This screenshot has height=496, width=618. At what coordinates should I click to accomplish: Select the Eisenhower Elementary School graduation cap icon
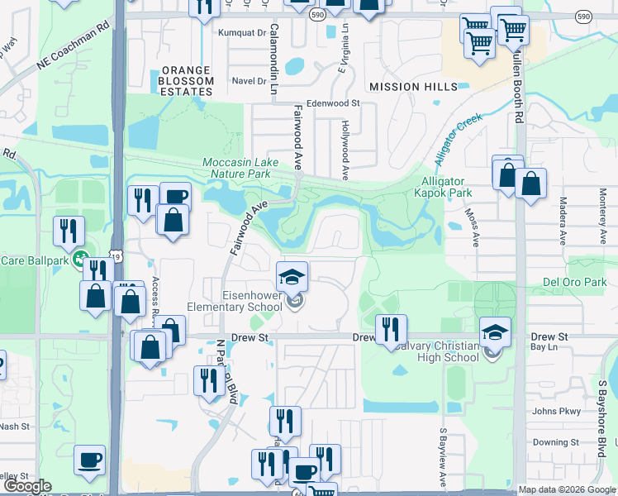tap(291, 277)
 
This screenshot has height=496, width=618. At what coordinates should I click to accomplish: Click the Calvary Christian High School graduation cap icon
tap(494, 333)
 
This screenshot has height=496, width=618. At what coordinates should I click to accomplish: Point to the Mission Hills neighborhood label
tap(413, 87)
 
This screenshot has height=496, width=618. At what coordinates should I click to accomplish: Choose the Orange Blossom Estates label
tap(187, 81)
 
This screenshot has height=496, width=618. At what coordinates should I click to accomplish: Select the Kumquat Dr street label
tap(241, 33)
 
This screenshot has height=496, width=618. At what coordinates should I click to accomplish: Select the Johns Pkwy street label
tap(551, 411)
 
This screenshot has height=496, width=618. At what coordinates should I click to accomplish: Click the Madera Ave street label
tap(562, 221)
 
